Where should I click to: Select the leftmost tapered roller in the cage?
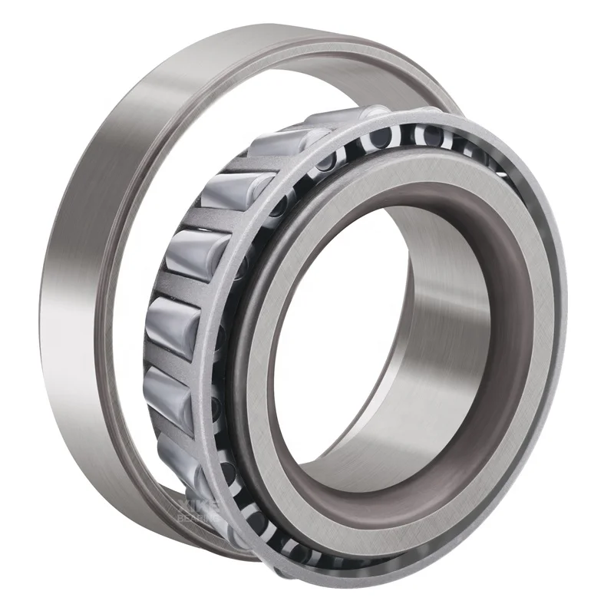165,322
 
